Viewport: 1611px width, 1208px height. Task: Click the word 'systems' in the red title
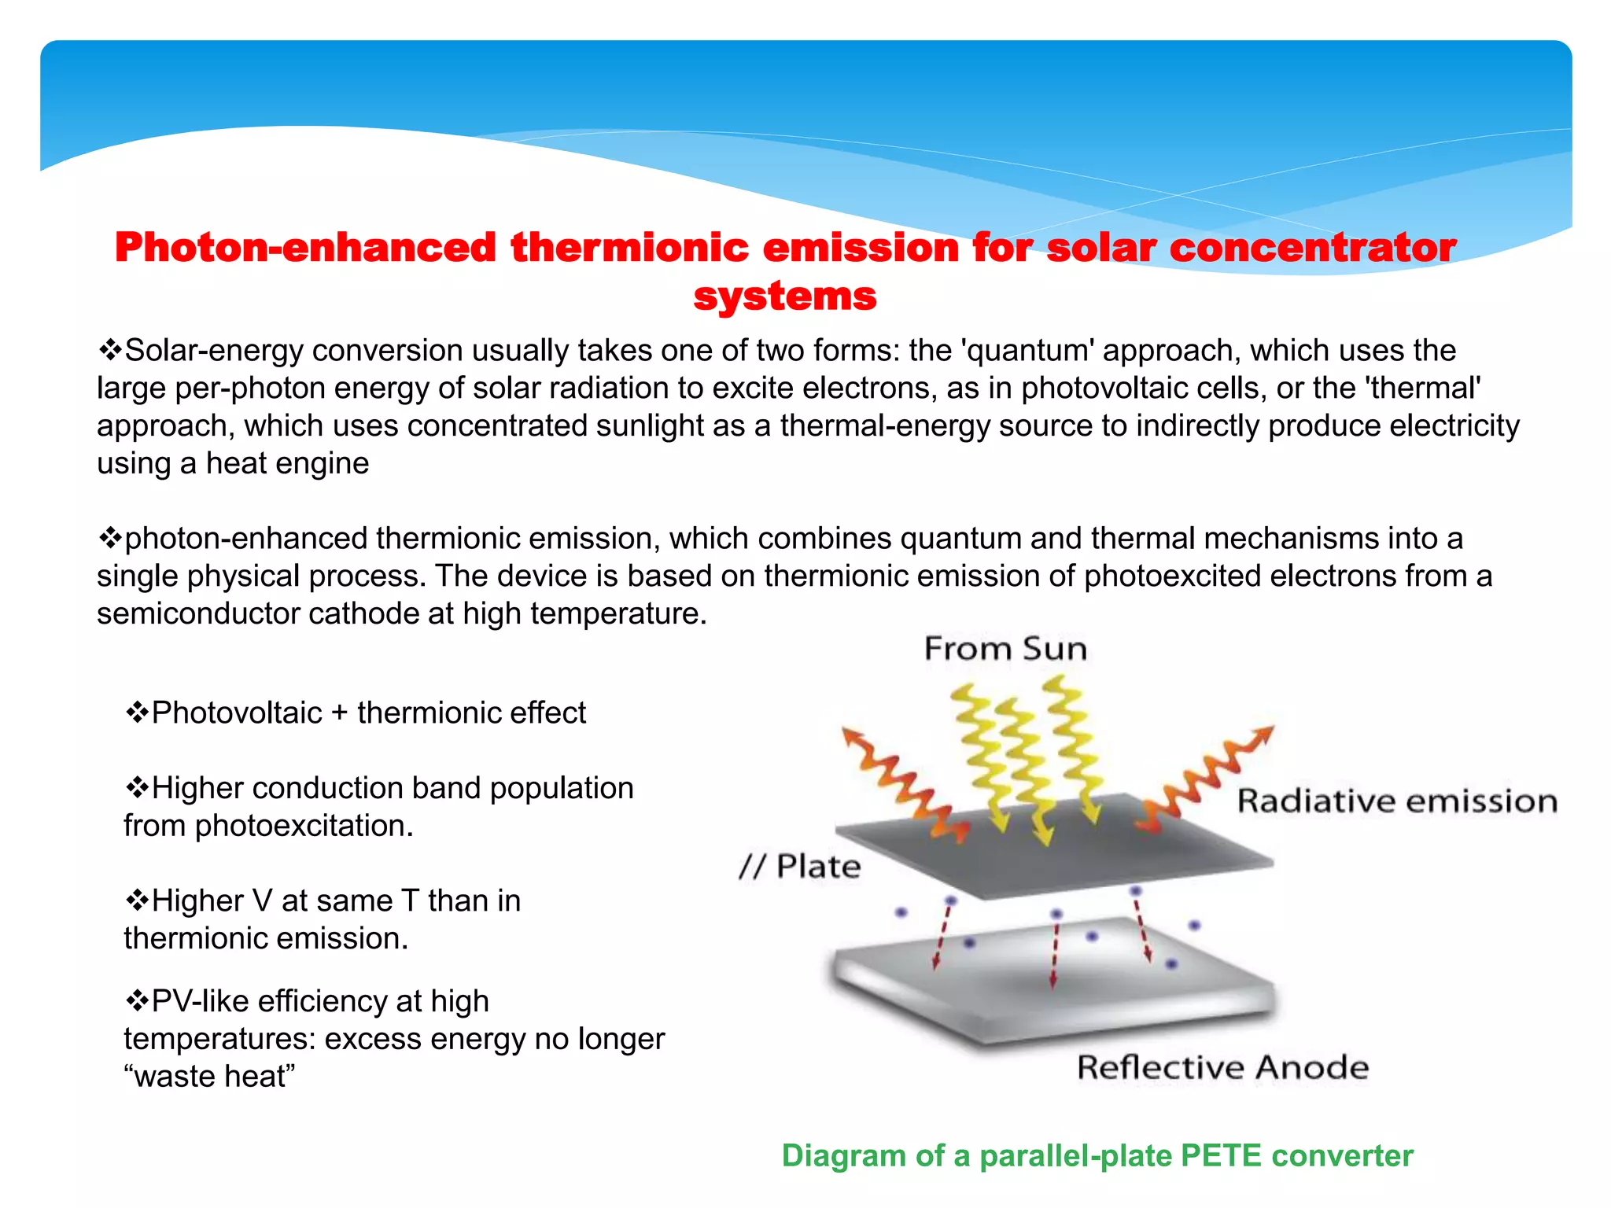pos(784,296)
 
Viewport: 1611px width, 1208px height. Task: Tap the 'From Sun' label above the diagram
pos(1005,649)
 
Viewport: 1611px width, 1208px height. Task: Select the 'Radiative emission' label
pos(1397,801)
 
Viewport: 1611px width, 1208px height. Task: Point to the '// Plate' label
pos(800,866)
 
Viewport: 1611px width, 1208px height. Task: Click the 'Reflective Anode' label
pos(1222,1067)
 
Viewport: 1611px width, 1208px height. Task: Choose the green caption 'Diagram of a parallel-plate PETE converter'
pos(1097,1155)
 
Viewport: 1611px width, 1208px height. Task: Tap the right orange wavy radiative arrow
pos(1207,775)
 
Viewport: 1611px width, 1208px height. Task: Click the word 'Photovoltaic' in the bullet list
pos(237,713)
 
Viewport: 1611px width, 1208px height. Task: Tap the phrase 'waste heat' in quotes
pos(209,1076)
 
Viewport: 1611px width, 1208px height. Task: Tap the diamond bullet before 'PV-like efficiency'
pos(137,1000)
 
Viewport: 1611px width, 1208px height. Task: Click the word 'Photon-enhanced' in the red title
pos(304,248)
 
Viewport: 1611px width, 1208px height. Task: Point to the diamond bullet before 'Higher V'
pos(137,900)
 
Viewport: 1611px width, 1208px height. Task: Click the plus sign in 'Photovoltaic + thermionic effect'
pos(339,713)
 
